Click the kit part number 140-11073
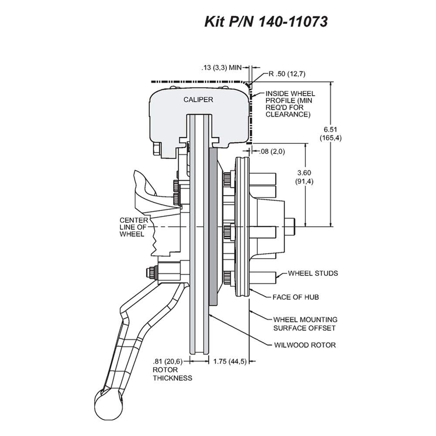(x=293, y=21)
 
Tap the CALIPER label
(x=198, y=99)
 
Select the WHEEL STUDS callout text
(x=313, y=273)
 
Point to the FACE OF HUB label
(x=296, y=297)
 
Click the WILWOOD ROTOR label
(x=305, y=345)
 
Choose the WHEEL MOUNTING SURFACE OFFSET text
(x=305, y=324)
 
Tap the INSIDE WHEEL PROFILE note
(x=290, y=104)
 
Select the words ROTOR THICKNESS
(x=172, y=374)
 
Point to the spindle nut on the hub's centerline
(x=290, y=227)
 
